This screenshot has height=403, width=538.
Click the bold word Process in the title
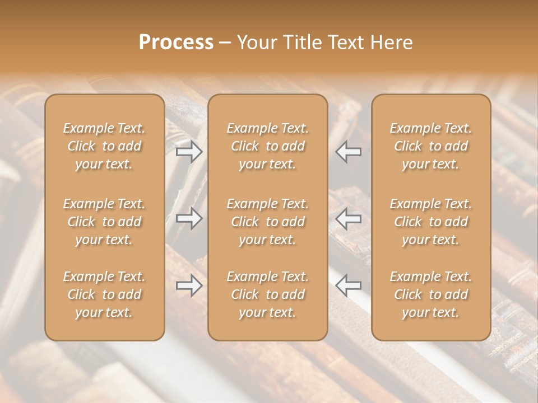pyautogui.click(x=176, y=43)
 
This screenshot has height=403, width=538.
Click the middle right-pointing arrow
pyautogui.click(x=189, y=219)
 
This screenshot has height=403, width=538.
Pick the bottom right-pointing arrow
pyautogui.click(x=189, y=286)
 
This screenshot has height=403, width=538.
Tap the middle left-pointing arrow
pyautogui.click(x=349, y=219)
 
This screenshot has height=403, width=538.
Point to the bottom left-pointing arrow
pyautogui.click(x=349, y=286)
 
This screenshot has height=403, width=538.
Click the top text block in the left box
pyautogui.click(x=104, y=146)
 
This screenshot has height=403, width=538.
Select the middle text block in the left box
pyautogui.click(x=104, y=222)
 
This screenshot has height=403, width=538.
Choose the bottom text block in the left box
pyautogui.click(x=104, y=294)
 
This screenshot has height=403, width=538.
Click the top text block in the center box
pyautogui.click(x=268, y=146)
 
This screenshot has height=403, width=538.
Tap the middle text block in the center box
pyautogui.click(x=268, y=222)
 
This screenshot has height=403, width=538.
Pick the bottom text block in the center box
pyautogui.click(x=268, y=294)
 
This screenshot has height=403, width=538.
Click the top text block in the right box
pyautogui.click(x=431, y=146)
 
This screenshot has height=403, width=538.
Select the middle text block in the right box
pyautogui.click(x=431, y=222)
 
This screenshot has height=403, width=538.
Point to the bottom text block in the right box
pyautogui.click(x=431, y=294)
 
